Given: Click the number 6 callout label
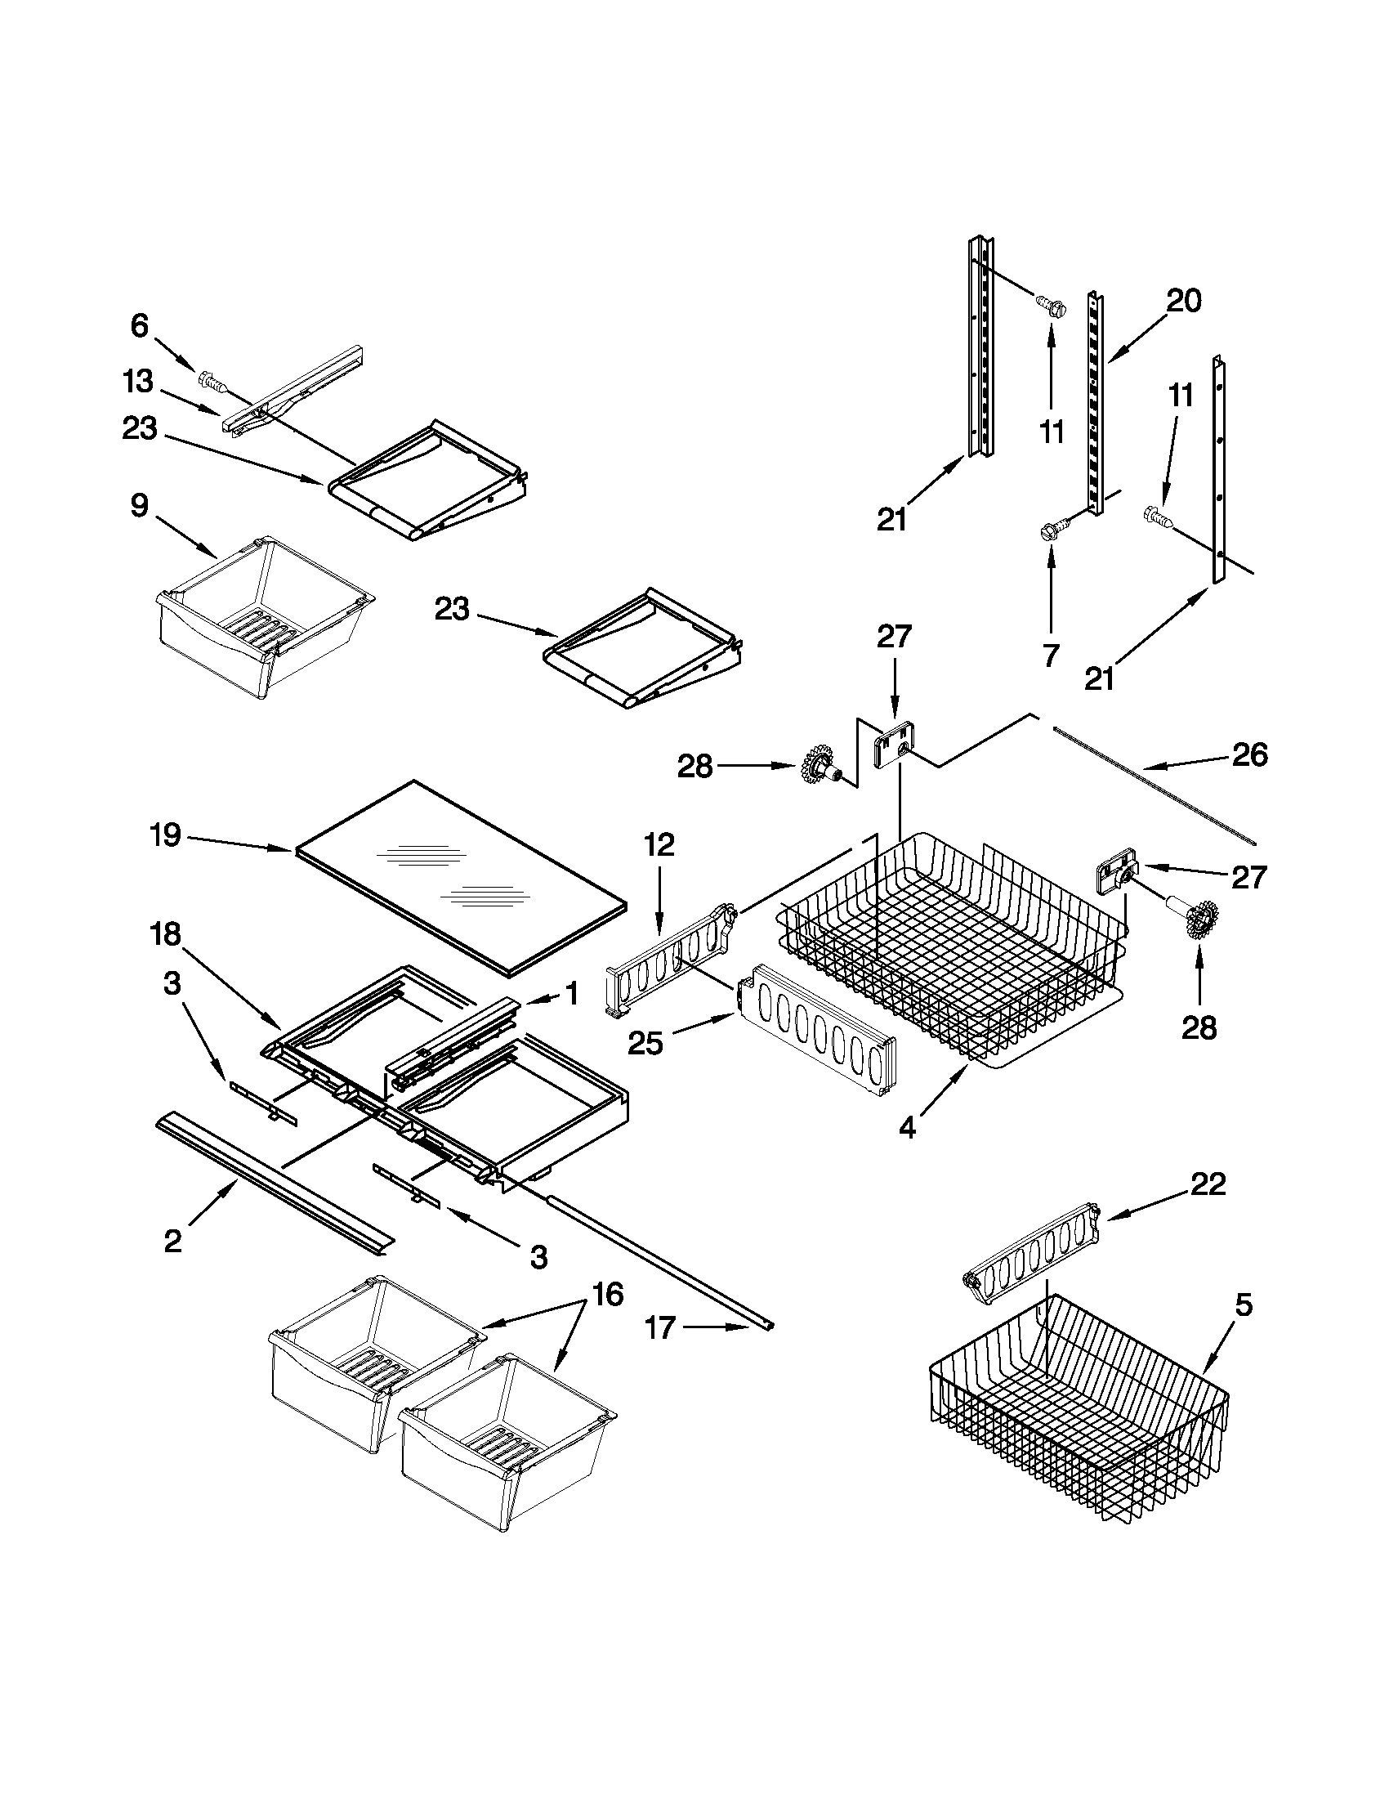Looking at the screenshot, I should [x=140, y=327].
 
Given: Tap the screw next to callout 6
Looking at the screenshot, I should [x=212, y=382].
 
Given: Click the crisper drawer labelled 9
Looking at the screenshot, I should [x=263, y=614].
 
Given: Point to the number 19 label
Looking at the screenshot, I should [x=166, y=835].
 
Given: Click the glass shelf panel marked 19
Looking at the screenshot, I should [x=461, y=877].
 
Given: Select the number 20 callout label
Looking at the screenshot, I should [x=1184, y=301].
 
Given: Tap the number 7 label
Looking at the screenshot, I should [x=1051, y=656].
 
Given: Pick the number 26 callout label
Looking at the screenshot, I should [x=1249, y=755].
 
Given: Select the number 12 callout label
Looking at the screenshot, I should [x=659, y=844].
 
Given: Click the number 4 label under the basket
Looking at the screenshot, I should [x=906, y=1128].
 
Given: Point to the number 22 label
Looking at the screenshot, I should [x=1207, y=1184].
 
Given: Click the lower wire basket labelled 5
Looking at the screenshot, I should [x=1079, y=1408].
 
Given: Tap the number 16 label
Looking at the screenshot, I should [x=607, y=1296].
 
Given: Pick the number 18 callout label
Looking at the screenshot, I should [x=166, y=935].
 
